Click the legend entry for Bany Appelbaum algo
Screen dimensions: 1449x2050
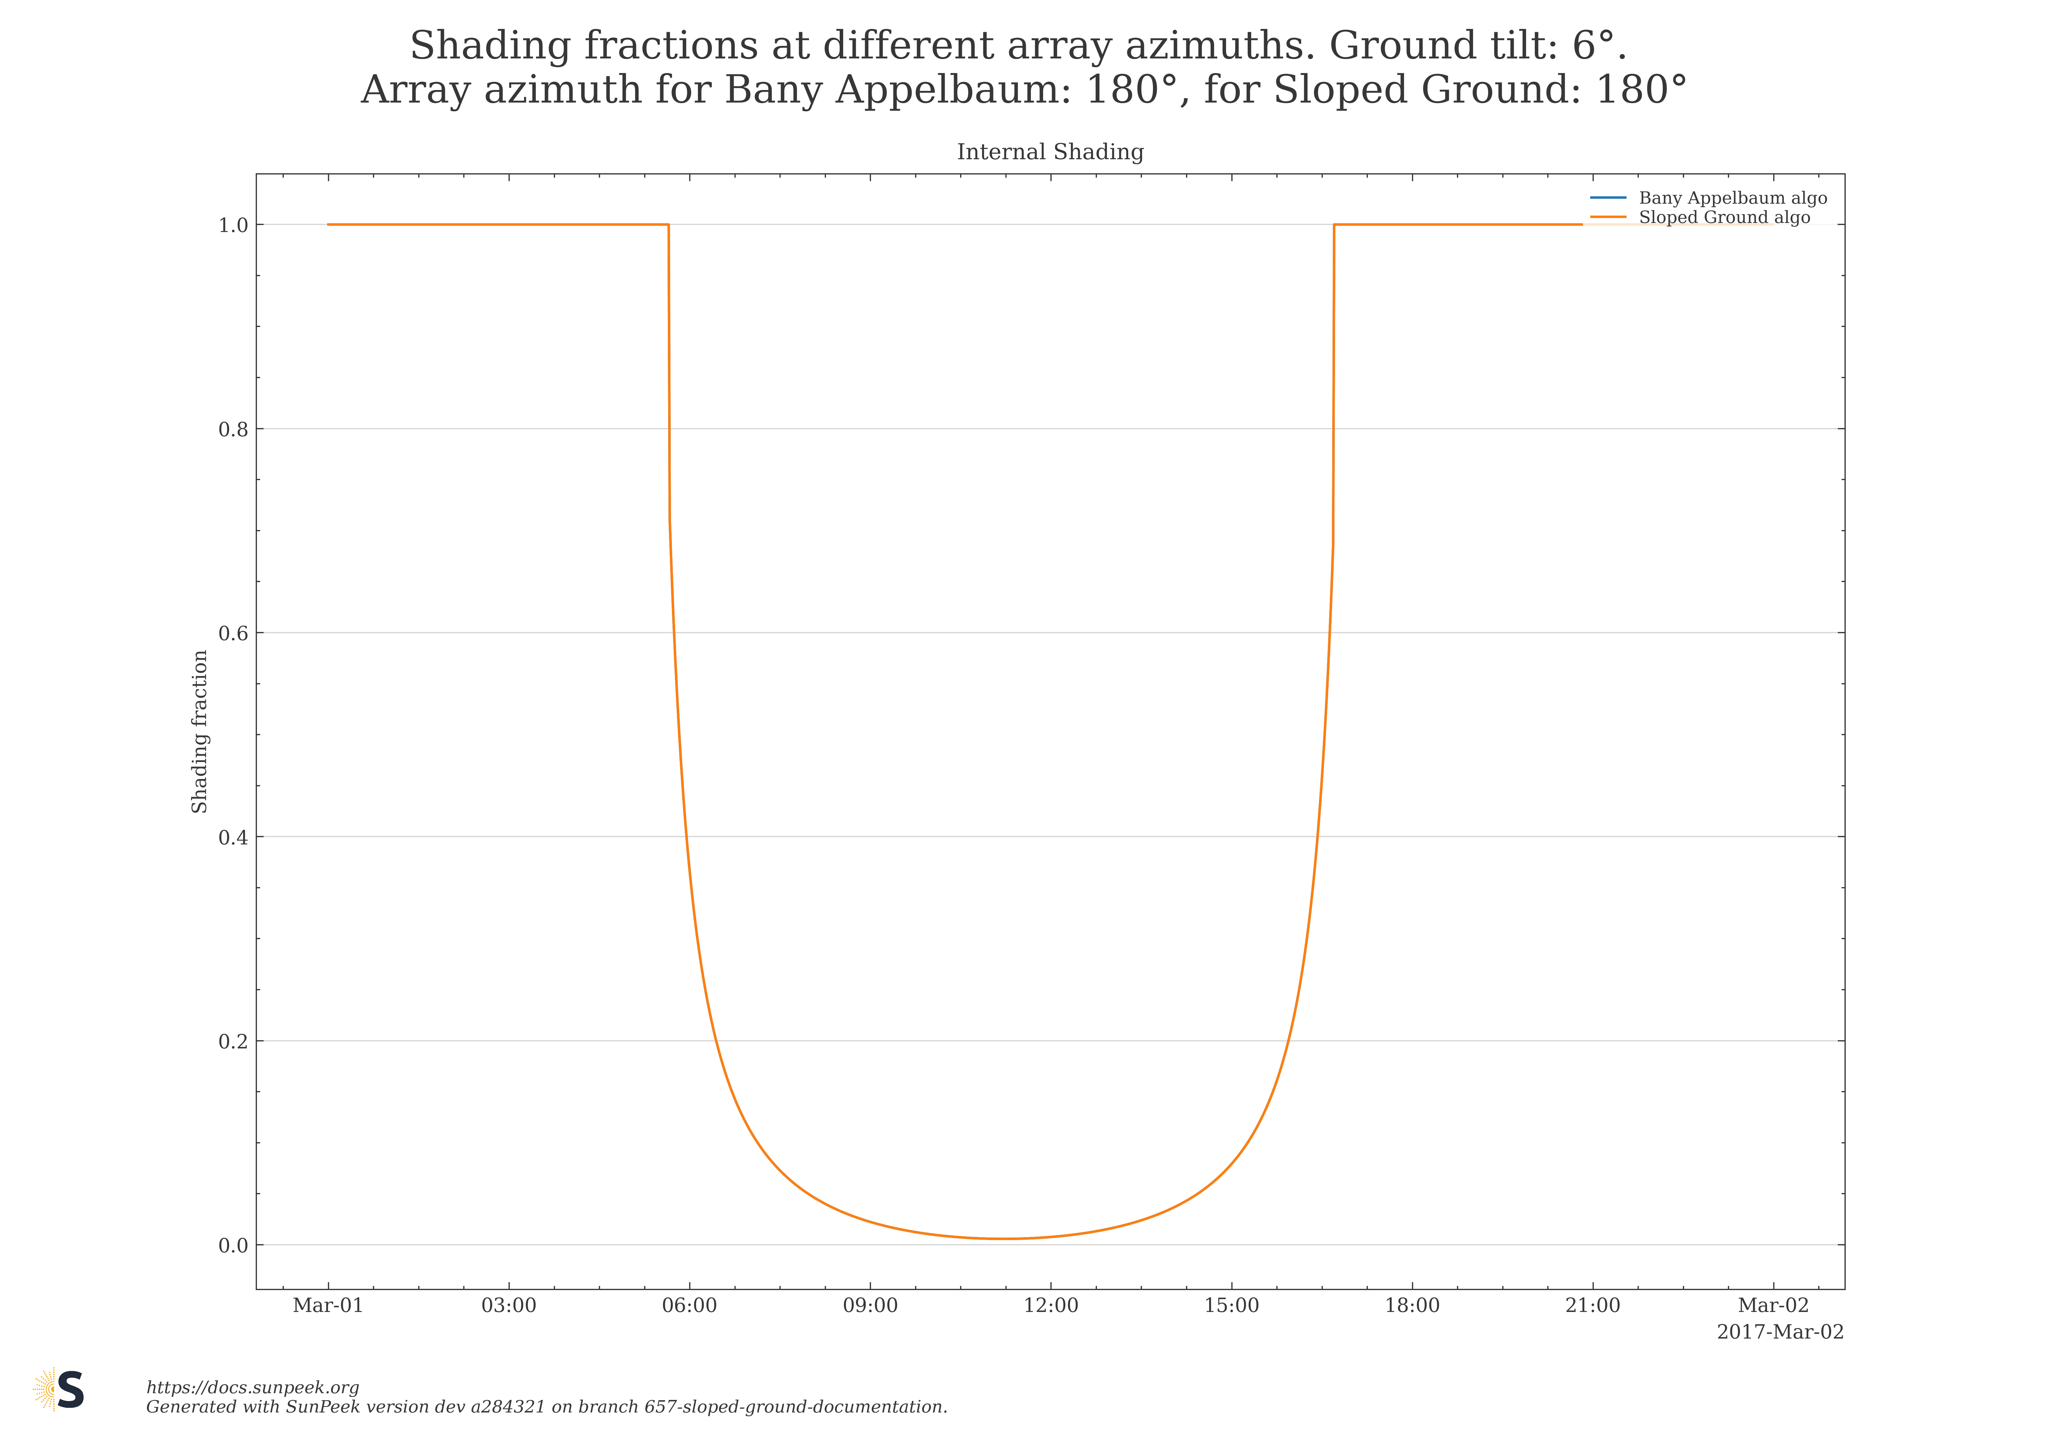click(x=1732, y=198)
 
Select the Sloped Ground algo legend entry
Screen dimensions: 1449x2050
click(x=1723, y=218)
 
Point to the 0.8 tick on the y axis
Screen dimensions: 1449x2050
click(x=233, y=430)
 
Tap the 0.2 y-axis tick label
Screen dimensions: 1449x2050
click(x=233, y=1042)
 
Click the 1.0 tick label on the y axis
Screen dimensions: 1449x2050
click(x=233, y=225)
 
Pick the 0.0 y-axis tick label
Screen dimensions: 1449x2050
click(x=233, y=1245)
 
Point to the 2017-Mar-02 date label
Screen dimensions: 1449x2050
click(x=1779, y=1332)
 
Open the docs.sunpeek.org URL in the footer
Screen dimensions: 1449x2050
click(x=253, y=1387)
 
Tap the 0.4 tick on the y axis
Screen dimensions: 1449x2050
click(x=233, y=837)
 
